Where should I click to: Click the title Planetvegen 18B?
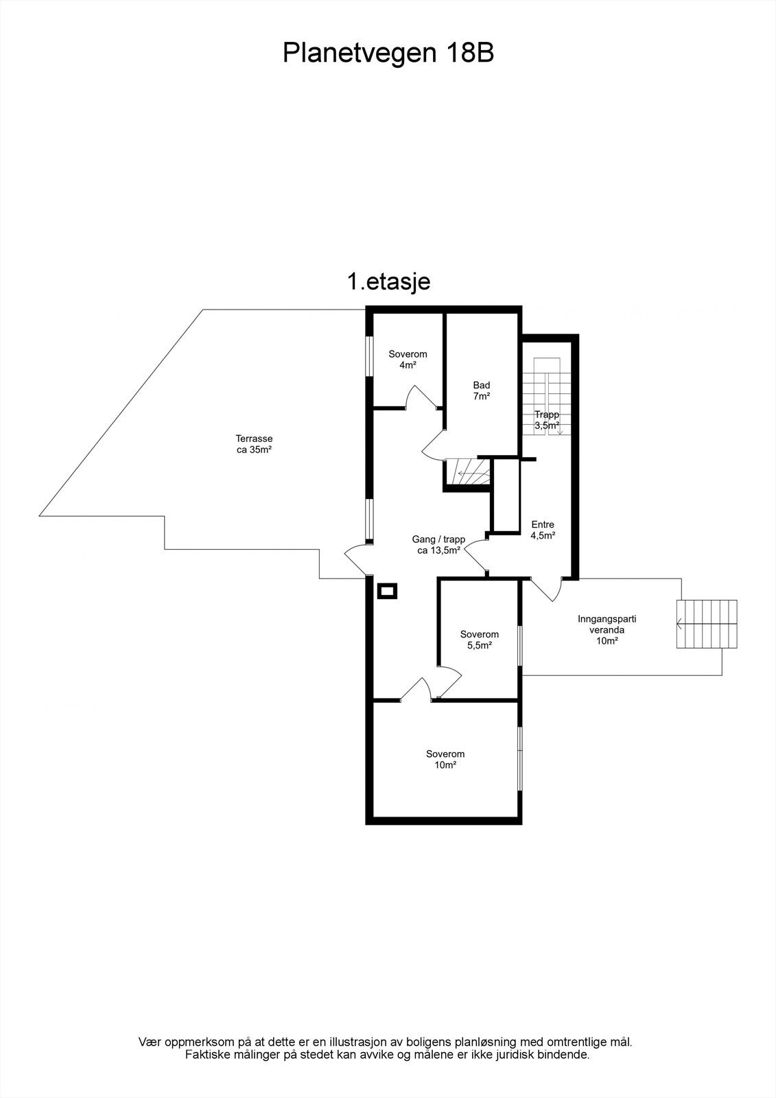point(388,54)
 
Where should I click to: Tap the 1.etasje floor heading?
point(389,282)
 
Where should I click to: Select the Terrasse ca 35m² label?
point(254,444)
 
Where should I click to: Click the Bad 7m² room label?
point(482,390)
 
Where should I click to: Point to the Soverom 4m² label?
point(408,360)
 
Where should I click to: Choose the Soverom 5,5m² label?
point(480,640)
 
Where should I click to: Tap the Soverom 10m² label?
point(445,759)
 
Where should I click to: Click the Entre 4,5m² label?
point(543,530)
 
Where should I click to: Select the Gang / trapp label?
point(438,539)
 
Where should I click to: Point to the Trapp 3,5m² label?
point(547,420)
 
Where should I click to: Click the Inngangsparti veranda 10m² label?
point(607,629)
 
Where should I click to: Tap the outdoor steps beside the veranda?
point(707,624)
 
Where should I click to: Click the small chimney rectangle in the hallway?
point(387,591)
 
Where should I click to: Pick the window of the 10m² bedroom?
point(520,765)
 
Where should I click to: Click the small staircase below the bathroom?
point(468,472)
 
